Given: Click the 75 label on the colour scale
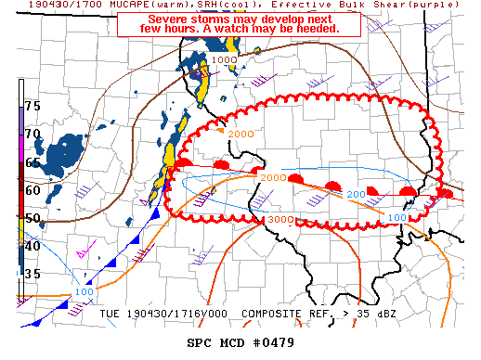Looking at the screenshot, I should pos(32,106).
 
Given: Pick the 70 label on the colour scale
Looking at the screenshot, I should pos(32,134).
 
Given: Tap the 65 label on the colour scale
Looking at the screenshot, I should pos(32,162).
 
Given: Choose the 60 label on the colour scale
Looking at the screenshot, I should pos(32,190).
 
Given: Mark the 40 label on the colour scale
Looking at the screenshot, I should pos(32,246).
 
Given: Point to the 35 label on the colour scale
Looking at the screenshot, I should pos(32,274).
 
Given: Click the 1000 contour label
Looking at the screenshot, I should pos(224,60).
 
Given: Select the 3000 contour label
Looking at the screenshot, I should pos(279,219).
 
